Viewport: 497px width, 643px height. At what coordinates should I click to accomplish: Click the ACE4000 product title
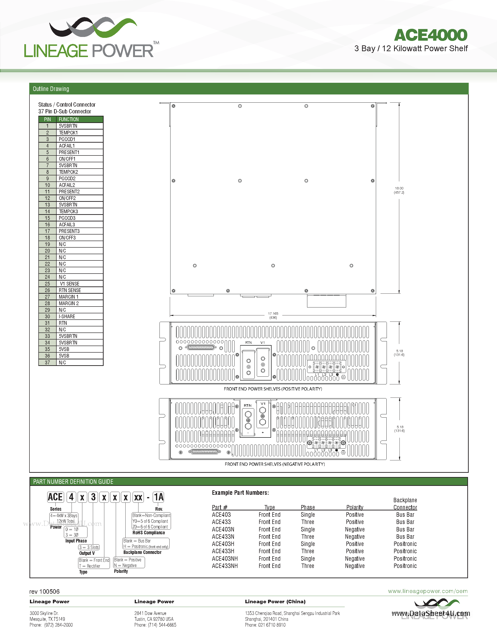pyautogui.click(x=430, y=35)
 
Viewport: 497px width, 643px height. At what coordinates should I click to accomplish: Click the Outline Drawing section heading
pyautogui.click(x=51, y=89)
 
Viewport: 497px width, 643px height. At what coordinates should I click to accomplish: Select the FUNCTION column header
pyautogui.click(x=69, y=119)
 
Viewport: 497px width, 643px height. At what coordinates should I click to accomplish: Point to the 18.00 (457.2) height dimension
pyautogui.click(x=399, y=190)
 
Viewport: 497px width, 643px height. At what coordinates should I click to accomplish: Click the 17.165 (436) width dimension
pyautogui.click(x=273, y=316)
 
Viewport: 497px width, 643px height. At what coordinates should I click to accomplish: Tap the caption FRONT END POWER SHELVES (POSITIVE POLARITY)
pyautogui.click(x=273, y=389)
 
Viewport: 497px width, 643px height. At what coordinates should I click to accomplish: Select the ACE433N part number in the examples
pyautogui.click(x=223, y=537)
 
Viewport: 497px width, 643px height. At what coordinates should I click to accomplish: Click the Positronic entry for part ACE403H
pyautogui.click(x=405, y=544)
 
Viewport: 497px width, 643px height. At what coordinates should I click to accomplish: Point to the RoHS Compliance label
pyautogui.click(x=149, y=533)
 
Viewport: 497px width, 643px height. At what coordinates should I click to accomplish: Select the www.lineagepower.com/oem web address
pyautogui.click(x=428, y=591)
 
